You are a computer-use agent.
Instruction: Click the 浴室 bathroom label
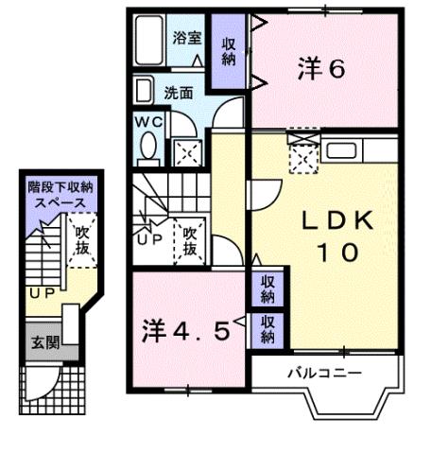click(x=187, y=39)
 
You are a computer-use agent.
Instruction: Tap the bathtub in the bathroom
click(x=149, y=44)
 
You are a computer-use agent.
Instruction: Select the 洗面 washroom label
click(x=179, y=93)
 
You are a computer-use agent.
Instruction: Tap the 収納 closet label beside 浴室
click(x=229, y=52)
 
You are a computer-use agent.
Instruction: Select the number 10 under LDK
click(x=336, y=253)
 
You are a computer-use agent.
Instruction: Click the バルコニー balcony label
click(x=324, y=373)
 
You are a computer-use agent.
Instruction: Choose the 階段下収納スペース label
click(x=60, y=196)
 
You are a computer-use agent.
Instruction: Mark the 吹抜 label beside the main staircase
click(x=189, y=242)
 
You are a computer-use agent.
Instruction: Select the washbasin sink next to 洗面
click(x=144, y=92)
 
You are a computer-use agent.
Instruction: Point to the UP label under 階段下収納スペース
click(x=41, y=292)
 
